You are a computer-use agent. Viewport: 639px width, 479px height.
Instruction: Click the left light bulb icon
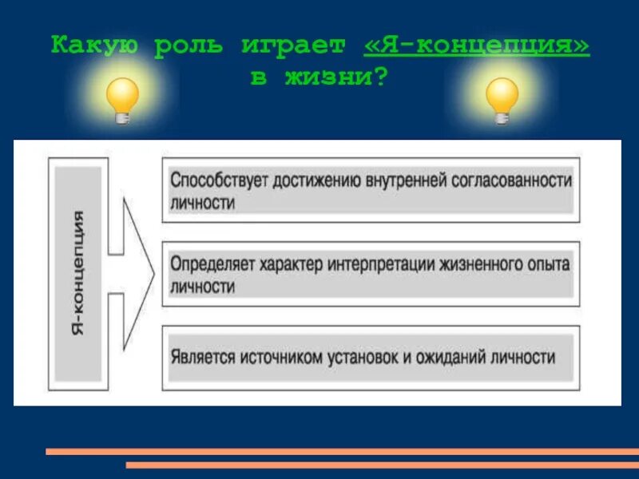122,99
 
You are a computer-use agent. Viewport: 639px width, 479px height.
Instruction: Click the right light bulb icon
502,99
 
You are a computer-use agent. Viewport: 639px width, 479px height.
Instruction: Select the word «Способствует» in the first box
218,180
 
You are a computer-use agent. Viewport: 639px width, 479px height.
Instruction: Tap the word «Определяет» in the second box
211,265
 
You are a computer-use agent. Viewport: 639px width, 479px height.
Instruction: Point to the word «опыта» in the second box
551,265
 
